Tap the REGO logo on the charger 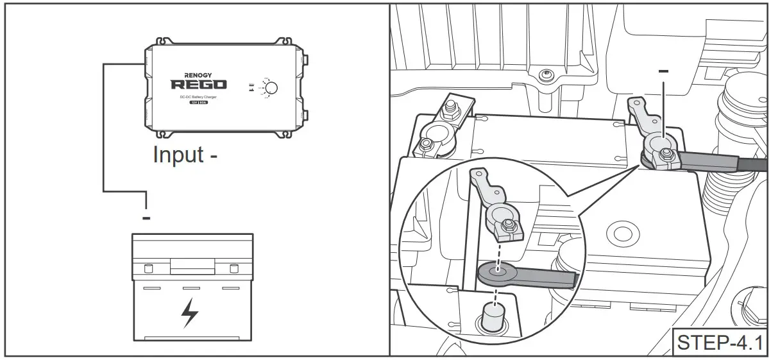pos(198,84)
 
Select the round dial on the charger pos(271,89)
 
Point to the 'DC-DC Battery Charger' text pos(198,96)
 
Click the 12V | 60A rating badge pos(198,103)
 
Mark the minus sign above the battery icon pos(146,219)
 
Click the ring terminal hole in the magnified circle pos(495,271)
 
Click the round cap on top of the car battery pos(619,232)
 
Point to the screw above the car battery pos(545,74)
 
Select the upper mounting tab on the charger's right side pos(305,60)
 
